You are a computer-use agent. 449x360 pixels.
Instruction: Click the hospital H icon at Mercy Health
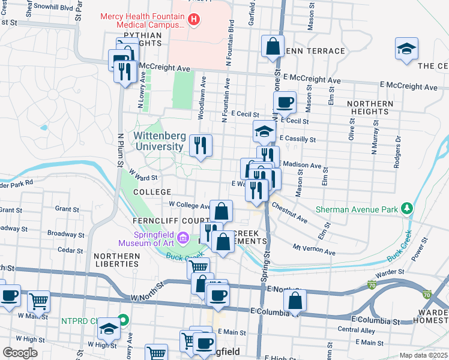coord(194,20)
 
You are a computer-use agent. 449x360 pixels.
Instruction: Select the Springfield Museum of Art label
coord(146,238)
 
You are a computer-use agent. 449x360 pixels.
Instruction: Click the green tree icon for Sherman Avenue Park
coord(408,208)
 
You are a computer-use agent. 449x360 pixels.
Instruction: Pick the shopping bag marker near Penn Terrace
coord(273,47)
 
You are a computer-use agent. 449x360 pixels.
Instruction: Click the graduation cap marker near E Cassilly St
coord(264,131)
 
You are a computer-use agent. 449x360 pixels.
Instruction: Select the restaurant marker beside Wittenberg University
coord(200,145)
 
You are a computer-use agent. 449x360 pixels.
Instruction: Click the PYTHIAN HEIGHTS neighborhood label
coord(143,40)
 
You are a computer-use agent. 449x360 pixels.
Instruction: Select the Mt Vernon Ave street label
coord(314,250)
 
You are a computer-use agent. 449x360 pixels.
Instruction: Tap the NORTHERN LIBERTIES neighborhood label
coord(116,260)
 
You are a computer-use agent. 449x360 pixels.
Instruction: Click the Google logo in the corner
coord(20,353)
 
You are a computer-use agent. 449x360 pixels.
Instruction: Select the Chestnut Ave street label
coord(289,213)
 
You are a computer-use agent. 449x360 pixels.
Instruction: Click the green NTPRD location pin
coord(123,320)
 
